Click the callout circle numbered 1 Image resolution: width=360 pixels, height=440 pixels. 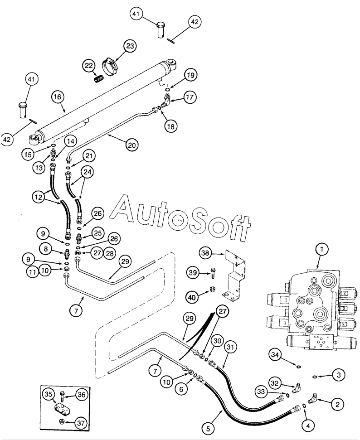pyautogui.click(x=322, y=249)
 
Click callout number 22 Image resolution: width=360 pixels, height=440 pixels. pyautogui.click(x=89, y=66)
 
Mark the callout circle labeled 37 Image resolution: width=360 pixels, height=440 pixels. pyautogui.click(x=81, y=423)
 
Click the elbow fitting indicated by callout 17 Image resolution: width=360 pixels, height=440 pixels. pyautogui.click(x=166, y=100)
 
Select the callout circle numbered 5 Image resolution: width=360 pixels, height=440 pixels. pyautogui.click(x=209, y=429)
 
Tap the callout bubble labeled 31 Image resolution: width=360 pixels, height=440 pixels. pyautogui.click(x=230, y=347)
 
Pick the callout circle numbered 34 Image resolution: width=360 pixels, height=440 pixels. pyautogui.click(x=275, y=355)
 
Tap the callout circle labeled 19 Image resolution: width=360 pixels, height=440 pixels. pyautogui.click(x=191, y=75)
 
